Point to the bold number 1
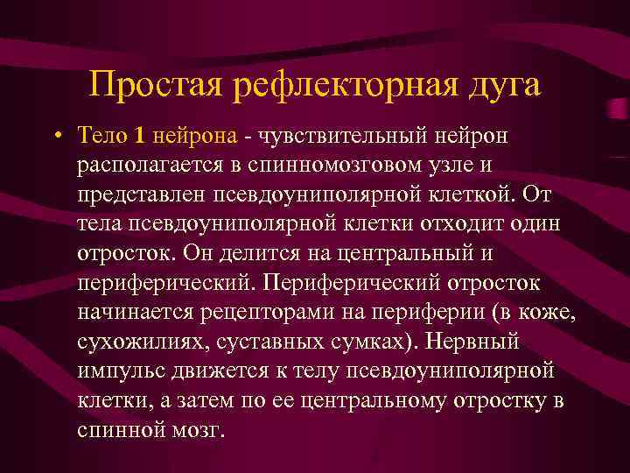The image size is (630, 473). (x=140, y=136)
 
